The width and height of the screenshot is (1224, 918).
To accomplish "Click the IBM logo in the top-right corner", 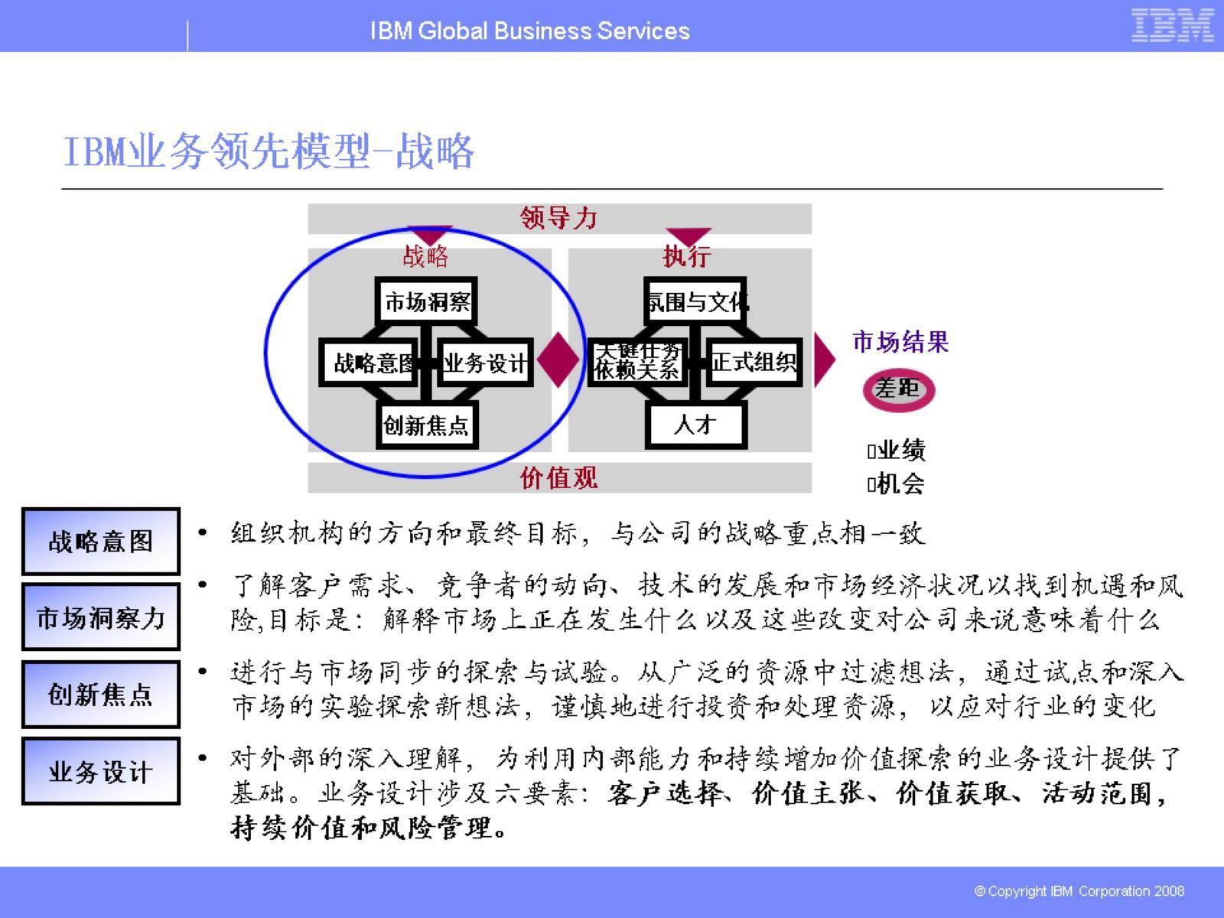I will pyautogui.click(x=1172, y=25).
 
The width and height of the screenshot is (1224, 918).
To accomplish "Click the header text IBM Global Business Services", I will pyautogui.click(x=529, y=31).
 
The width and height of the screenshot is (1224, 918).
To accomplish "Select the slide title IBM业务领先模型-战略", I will pyautogui.click(x=269, y=151).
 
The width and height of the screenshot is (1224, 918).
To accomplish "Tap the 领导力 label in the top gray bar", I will pyautogui.click(x=558, y=218).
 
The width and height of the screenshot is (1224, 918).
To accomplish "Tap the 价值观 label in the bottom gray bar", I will pyautogui.click(x=558, y=478).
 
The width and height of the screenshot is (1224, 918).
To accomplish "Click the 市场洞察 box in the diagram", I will pyautogui.click(x=427, y=301).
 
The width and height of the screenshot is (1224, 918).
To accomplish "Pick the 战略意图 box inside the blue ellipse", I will pyautogui.click(x=369, y=363).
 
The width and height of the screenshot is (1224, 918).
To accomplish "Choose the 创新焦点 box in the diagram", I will pyautogui.click(x=427, y=425).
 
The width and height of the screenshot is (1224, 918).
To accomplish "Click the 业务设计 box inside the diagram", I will pyautogui.click(x=486, y=363).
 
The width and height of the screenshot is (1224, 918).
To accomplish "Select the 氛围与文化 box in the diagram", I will pyautogui.click(x=695, y=301).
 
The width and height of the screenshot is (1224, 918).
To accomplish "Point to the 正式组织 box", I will pyautogui.click(x=754, y=362).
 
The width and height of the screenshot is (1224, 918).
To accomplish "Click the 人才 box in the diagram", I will pyautogui.click(x=695, y=425).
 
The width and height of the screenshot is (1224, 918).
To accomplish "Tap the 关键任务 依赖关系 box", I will pyautogui.click(x=637, y=362).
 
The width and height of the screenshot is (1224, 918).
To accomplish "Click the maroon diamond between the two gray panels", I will pyautogui.click(x=558, y=359).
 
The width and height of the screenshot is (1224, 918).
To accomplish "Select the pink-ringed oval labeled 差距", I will pyautogui.click(x=898, y=389).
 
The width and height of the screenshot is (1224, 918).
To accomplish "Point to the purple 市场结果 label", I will pyautogui.click(x=900, y=341).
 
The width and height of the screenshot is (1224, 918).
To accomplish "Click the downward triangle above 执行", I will pyautogui.click(x=688, y=236).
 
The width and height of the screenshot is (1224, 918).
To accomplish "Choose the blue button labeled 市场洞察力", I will pyautogui.click(x=100, y=617).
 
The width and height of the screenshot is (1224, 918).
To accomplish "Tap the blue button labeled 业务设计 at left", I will pyautogui.click(x=100, y=771).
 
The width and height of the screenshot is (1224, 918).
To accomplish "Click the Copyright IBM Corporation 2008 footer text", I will pyautogui.click(x=1079, y=890).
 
